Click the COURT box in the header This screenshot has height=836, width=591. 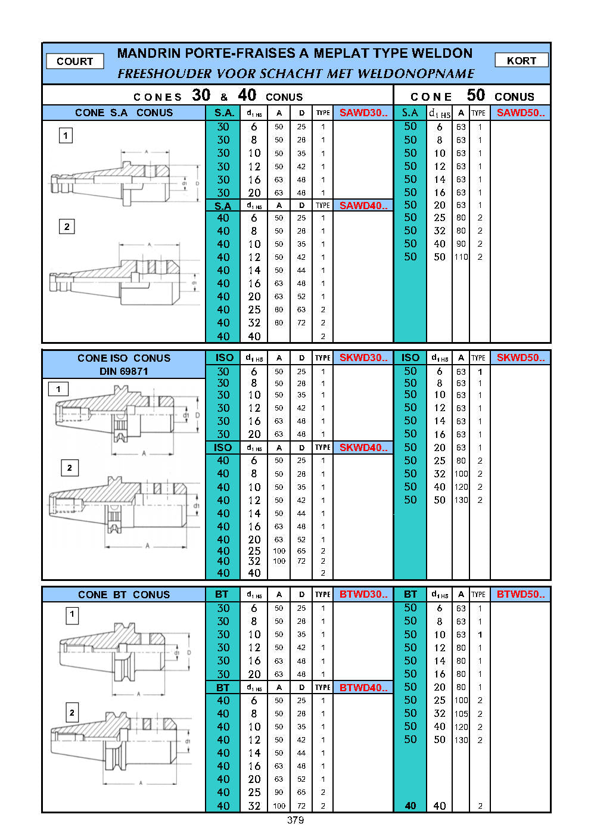coord(75,61)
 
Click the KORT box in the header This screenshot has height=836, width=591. coord(521,60)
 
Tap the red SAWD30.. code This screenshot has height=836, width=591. coord(363,113)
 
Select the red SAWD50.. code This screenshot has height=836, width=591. coord(521,113)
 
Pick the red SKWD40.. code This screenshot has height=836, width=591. coord(363,447)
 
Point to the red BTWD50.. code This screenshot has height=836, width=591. coord(521,594)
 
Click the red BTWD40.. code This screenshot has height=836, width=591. coord(363,688)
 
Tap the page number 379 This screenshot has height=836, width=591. coord(295,820)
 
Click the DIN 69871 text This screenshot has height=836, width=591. coord(123,371)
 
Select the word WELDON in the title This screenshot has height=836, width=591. coord(441,54)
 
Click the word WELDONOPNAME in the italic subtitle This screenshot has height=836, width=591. coord(416,73)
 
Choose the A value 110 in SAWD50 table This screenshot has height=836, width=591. coord(461,257)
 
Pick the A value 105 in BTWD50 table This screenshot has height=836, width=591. coord(461,714)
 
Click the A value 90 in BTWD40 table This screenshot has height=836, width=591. coord(279,792)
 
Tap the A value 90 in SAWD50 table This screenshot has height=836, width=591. coord(461,244)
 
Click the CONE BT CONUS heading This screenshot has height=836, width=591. coord(124,595)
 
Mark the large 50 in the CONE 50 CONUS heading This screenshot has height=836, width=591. coord(475,95)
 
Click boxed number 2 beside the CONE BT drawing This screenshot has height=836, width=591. coord(72,713)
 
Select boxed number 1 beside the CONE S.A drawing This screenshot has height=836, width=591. coord(66,135)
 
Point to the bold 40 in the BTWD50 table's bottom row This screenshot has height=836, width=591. coord(410,806)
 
